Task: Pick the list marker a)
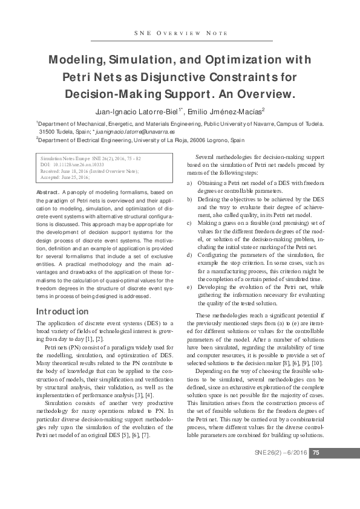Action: click(x=190, y=182)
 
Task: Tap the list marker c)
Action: click(x=190, y=222)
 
